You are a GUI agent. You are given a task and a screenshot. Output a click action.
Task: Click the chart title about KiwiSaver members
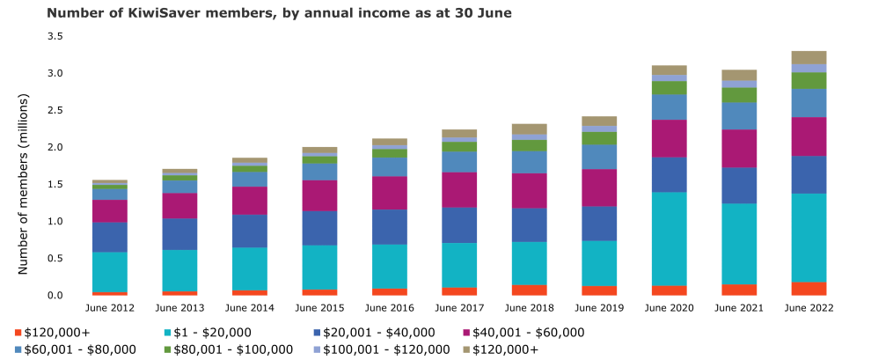[278, 13]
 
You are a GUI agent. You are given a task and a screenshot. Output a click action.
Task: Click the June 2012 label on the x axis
[111, 308]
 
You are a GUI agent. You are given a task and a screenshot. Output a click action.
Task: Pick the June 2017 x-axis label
[461, 308]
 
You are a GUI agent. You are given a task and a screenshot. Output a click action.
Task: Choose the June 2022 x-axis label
[809, 308]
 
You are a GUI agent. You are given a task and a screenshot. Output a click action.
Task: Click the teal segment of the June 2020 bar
[670, 239]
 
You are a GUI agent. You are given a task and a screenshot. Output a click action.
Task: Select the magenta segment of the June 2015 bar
[320, 195]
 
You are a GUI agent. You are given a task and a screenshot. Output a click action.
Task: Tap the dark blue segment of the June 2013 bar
[180, 234]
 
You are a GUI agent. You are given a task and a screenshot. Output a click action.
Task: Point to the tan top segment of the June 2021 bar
[740, 75]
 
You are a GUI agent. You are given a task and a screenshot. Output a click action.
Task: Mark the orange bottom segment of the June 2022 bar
[809, 289]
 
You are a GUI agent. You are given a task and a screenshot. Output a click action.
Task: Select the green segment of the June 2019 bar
[600, 138]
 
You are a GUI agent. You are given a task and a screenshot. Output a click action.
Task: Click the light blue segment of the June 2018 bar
[530, 162]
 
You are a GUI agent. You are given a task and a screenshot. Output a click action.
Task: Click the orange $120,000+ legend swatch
[18, 333]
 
